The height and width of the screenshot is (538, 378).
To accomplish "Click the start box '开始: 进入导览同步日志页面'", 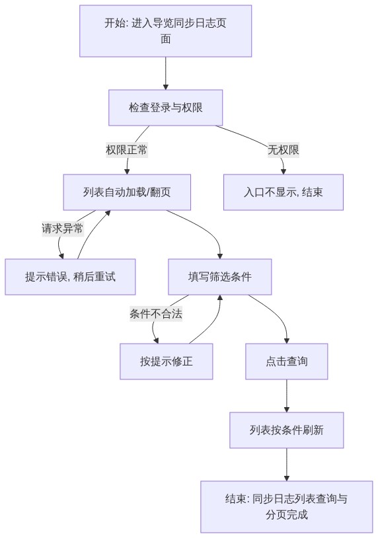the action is [166, 31].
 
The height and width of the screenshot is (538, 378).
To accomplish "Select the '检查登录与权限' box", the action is [166, 107].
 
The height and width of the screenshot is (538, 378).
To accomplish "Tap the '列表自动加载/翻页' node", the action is [127, 192].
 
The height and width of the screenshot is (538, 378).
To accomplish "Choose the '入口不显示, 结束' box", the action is [283, 192].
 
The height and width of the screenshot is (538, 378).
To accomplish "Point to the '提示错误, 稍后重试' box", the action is [70, 276].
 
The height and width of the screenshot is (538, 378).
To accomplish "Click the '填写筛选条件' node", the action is [220, 276].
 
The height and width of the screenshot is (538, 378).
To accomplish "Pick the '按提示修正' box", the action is [167, 362].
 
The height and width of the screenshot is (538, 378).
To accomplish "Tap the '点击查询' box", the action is [287, 362].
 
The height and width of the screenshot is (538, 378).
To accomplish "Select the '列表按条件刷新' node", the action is [287, 430].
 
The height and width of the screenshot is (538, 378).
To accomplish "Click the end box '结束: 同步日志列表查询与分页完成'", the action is [287, 507].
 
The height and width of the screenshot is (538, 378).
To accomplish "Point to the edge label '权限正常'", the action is [127, 150].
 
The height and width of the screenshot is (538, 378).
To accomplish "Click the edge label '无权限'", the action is [283, 150].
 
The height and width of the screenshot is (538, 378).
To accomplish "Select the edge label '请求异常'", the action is [62, 228].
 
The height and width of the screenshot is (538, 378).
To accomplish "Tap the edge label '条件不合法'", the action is [156, 313].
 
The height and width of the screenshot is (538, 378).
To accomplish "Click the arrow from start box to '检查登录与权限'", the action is [166, 73].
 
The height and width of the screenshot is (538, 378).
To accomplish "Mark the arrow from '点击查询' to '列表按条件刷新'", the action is [287, 396].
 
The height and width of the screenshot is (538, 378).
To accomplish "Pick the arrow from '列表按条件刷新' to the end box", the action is [287, 465].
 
